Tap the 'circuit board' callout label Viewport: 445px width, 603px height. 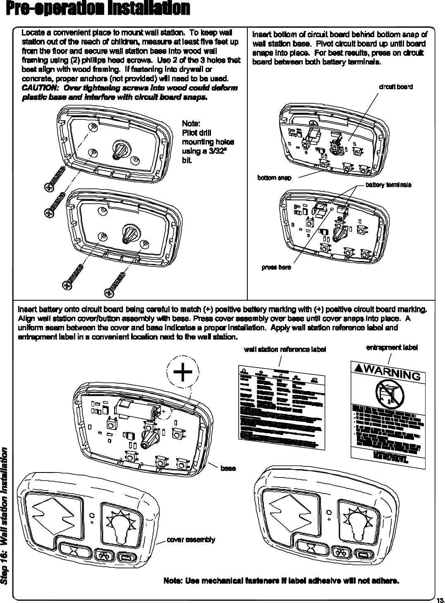click(396, 87)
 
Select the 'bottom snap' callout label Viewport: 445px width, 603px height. click(274, 178)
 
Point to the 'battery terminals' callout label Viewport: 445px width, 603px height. click(388, 185)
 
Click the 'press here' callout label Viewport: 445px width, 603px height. click(276, 267)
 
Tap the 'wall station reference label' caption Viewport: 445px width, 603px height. click(285, 349)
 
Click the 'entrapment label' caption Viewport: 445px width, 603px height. click(392, 348)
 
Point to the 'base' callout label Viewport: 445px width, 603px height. click(228, 468)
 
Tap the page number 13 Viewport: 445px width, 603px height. click(440, 598)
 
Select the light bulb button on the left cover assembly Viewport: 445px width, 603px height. click(120, 522)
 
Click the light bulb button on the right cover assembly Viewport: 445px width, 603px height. click(359, 522)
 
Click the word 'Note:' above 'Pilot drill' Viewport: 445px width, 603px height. click(191, 124)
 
